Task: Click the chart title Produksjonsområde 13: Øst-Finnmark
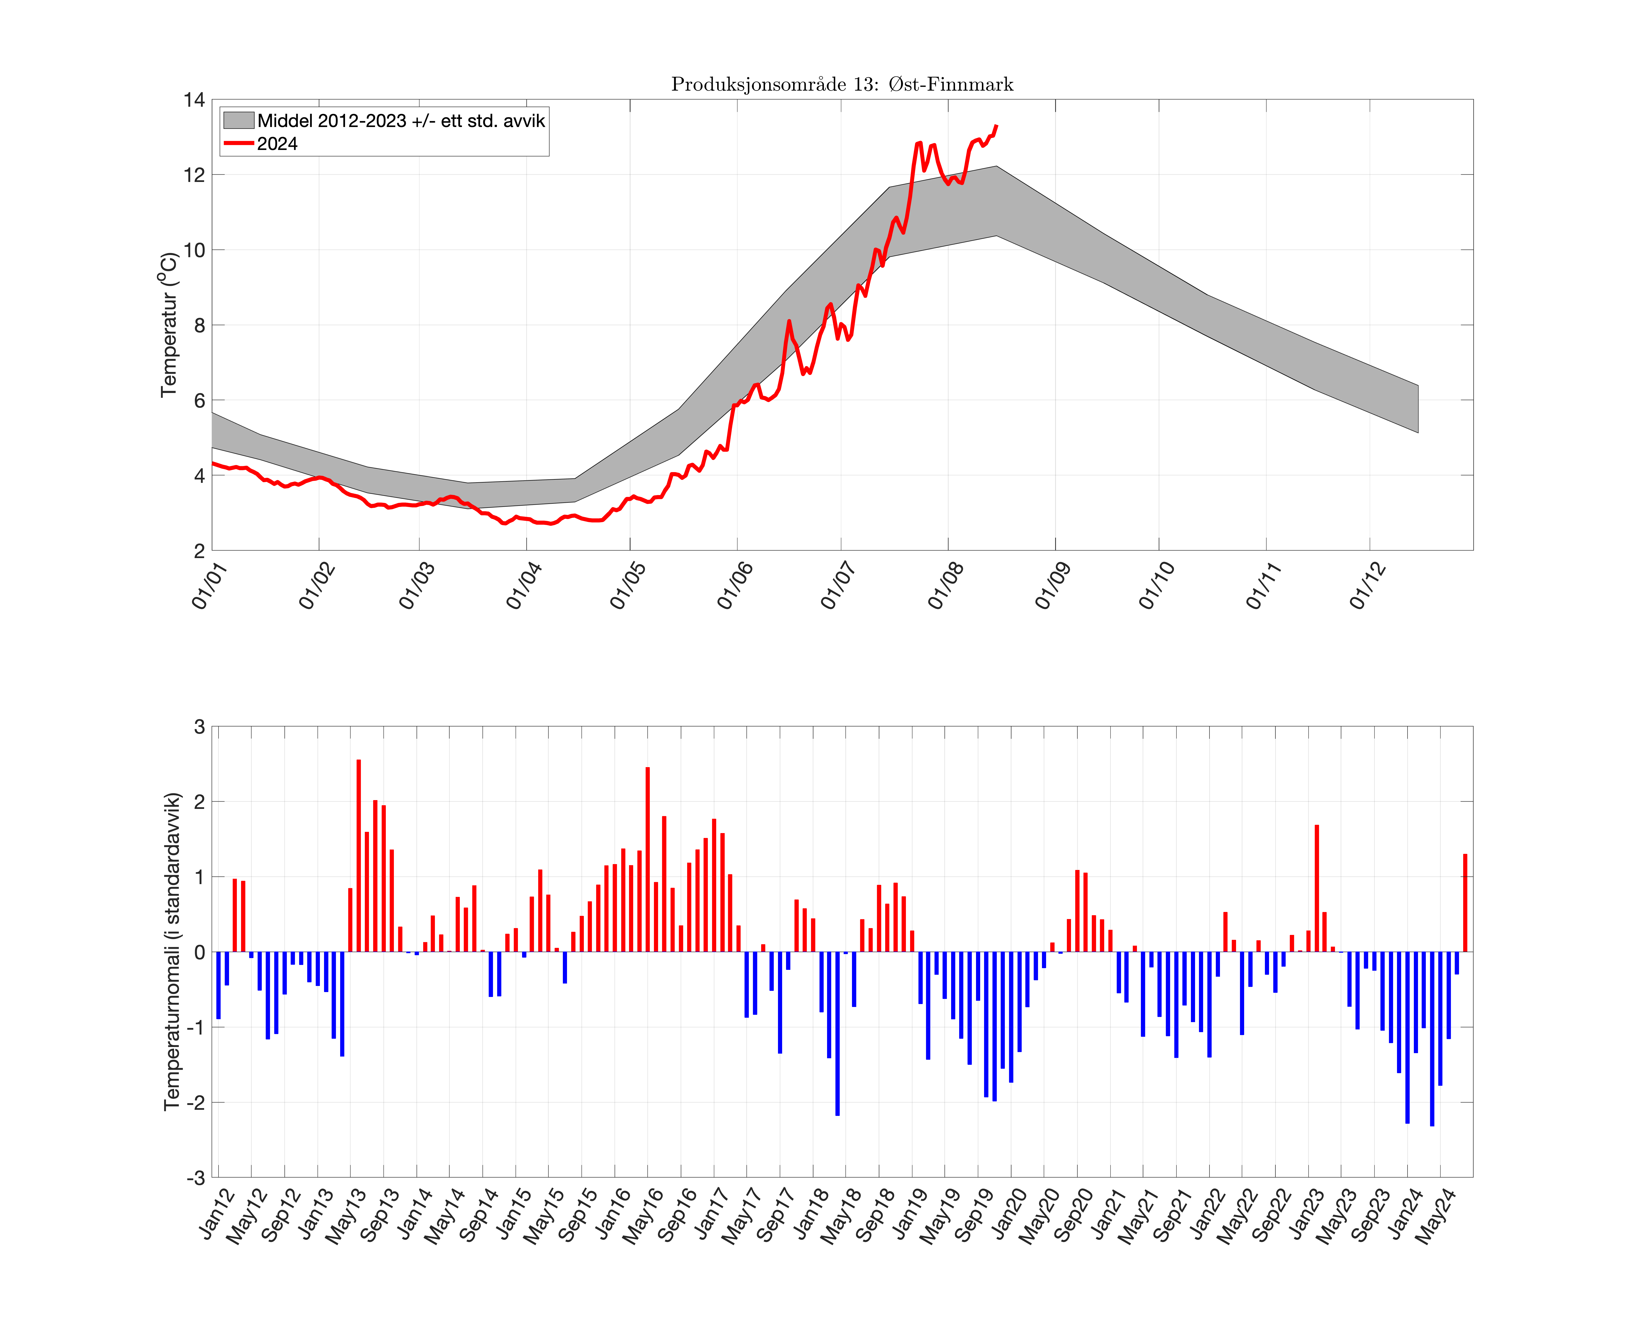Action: [842, 84]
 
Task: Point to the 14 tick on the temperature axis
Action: [194, 100]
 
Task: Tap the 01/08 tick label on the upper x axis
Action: [945, 585]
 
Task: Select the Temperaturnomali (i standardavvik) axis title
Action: [172, 951]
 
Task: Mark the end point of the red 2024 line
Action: [997, 126]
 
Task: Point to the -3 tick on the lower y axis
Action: [196, 1177]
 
